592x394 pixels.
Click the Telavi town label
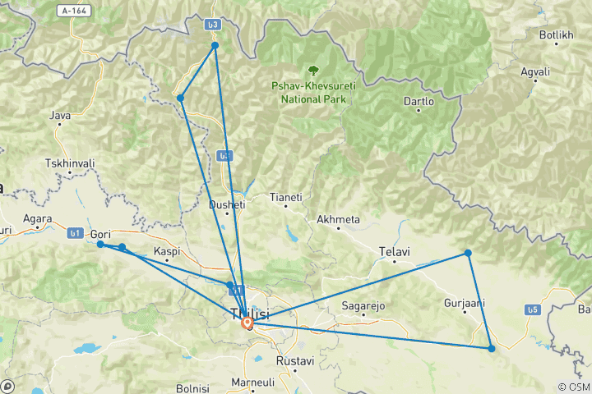point(394,250)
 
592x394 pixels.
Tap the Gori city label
point(99,234)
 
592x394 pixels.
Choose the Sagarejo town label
point(363,306)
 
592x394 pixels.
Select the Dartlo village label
point(419,101)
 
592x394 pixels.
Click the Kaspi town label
point(167,250)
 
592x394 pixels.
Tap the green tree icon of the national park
point(312,71)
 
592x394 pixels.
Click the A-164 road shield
point(74,11)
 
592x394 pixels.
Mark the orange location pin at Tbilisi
point(247,323)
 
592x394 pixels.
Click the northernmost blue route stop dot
point(215,45)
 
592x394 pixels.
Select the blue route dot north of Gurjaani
point(468,253)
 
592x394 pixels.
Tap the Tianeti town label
point(286,197)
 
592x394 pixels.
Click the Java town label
point(60,116)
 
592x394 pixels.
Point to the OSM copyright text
point(573,387)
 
